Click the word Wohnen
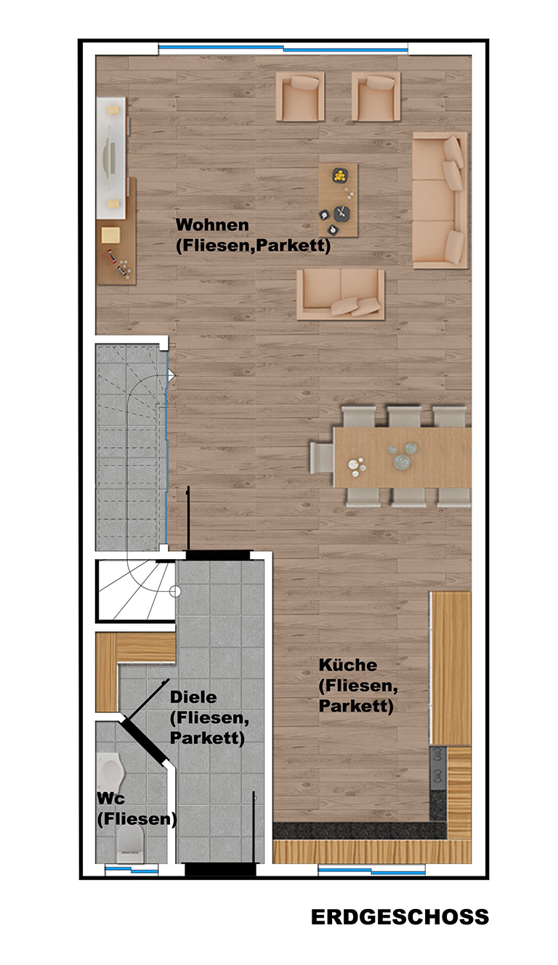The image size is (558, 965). click(x=212, y=225)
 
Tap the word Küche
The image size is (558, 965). click(x=347, y=664)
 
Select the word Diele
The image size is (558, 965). click(x=193, y=697)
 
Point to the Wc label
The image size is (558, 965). click(x=111, y=798)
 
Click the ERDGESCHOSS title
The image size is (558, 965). click(x=400, y=917)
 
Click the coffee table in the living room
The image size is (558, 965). click(x=339, y=200)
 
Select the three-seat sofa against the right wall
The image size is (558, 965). click(x=440, y=200)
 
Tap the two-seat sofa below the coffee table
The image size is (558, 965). click(x=341, y=295)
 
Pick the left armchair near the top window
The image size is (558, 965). click(x=300, y=97)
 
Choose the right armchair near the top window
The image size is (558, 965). click(x=376, y=97)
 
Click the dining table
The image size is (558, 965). click(x=403, y=457)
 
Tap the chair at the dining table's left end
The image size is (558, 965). click(x=322, y=458)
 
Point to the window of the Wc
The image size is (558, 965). click(x=132, y=870)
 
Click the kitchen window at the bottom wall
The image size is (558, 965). click(x=372, y=871)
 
